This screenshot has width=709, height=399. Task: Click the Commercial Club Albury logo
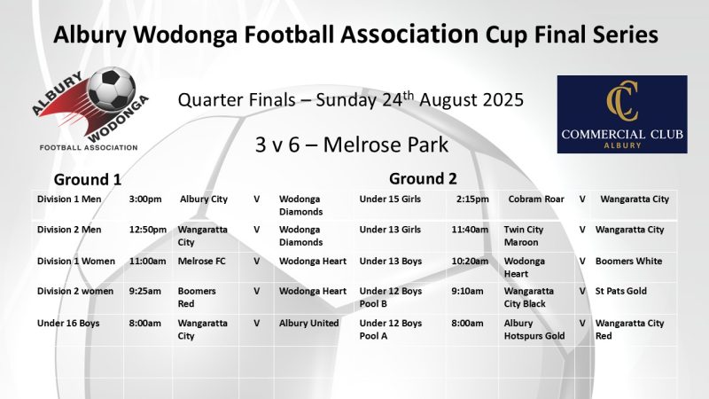(x=621, y=115)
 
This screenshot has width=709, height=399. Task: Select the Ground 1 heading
(x=88, y=178)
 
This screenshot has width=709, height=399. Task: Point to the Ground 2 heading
(x=423, y=178)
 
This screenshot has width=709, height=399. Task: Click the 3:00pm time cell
(x=146, y=199)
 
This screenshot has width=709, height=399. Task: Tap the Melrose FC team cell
(x=203, y=262)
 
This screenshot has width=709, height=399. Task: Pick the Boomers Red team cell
(x=197, y=297)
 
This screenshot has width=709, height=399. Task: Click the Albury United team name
(x=308, y=324)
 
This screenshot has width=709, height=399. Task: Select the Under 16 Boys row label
(x=68, y=324)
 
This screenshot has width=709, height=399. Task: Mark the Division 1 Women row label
(x=74, y=262)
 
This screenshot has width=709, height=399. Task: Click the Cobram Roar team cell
(x=536, y=199)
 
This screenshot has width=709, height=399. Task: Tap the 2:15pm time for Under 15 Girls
(x=471, y=199)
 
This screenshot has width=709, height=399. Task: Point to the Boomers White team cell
(x=628, y=262)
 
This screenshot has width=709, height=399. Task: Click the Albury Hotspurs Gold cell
(x=534, y=330)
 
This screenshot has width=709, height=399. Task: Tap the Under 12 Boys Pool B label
(x=390, y=297)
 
